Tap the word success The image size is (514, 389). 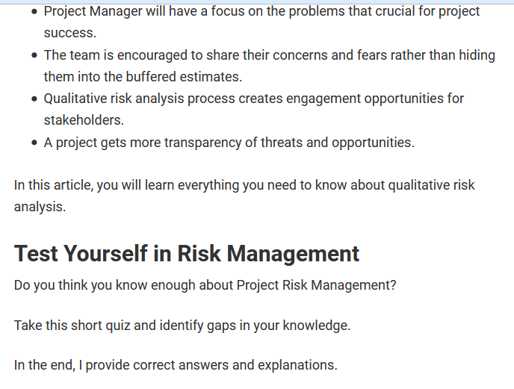coord(69,34)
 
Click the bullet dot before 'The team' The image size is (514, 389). coord(34,56)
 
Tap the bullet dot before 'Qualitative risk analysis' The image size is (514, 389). coord(34,99)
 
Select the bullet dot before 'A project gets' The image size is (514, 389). coord(34,143)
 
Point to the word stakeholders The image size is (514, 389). coord(84,120)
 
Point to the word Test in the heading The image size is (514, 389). coord(36,254)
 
